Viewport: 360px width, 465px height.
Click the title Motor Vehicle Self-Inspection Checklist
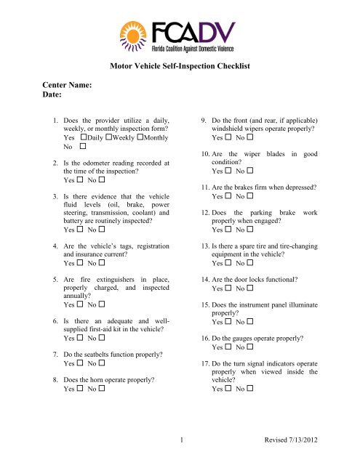coord(180,66)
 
